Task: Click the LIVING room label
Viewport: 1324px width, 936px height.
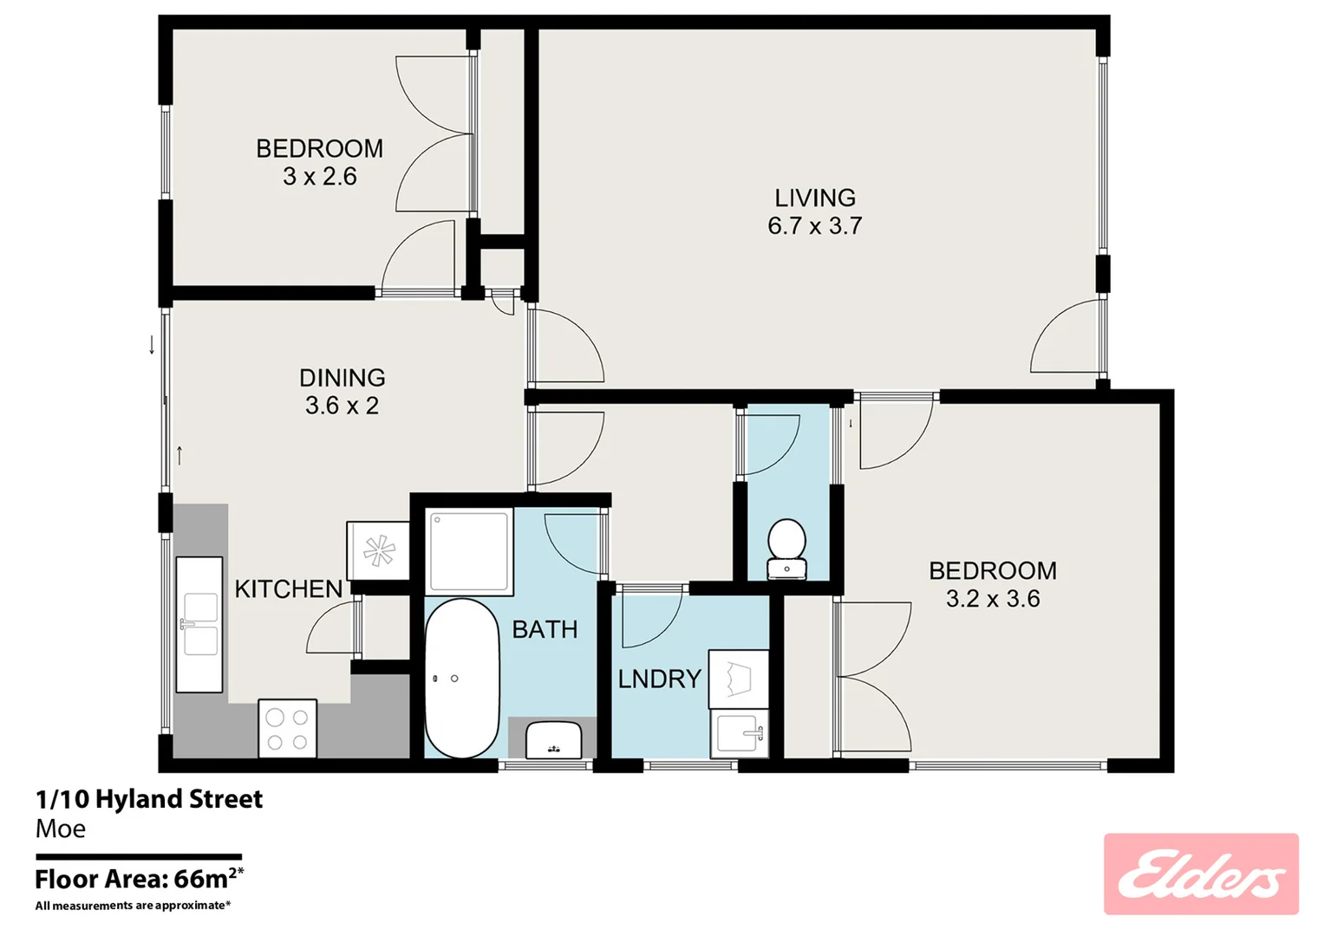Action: click(814, 198)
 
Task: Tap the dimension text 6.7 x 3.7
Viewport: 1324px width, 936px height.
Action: click(814, 226)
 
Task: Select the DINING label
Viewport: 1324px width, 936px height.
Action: click(342, 378)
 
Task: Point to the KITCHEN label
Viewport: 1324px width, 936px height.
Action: click(289, 589)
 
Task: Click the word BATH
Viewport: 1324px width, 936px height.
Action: click(545, 629)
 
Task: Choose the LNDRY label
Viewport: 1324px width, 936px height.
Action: click(659, 679)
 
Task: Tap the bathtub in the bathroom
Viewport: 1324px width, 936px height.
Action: click(462, 678)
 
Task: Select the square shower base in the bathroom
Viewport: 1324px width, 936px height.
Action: click(469, 552)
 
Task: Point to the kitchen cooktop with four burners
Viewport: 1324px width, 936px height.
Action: click(288, 729)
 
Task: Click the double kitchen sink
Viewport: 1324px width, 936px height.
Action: click(199, 624)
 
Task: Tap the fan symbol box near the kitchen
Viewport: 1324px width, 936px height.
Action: click(378, 550)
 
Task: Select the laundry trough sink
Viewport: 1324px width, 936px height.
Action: click(740, 734)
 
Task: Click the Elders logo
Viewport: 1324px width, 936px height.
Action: click(1201, 874)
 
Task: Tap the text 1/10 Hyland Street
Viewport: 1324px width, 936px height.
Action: click(149, 799)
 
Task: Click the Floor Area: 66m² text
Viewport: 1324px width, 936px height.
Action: click(139, 879)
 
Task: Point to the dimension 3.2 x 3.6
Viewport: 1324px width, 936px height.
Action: click(993, 599)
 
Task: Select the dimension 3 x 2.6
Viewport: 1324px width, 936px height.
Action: click(319, 177)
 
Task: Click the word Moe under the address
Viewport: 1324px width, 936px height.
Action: click(61, 829)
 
